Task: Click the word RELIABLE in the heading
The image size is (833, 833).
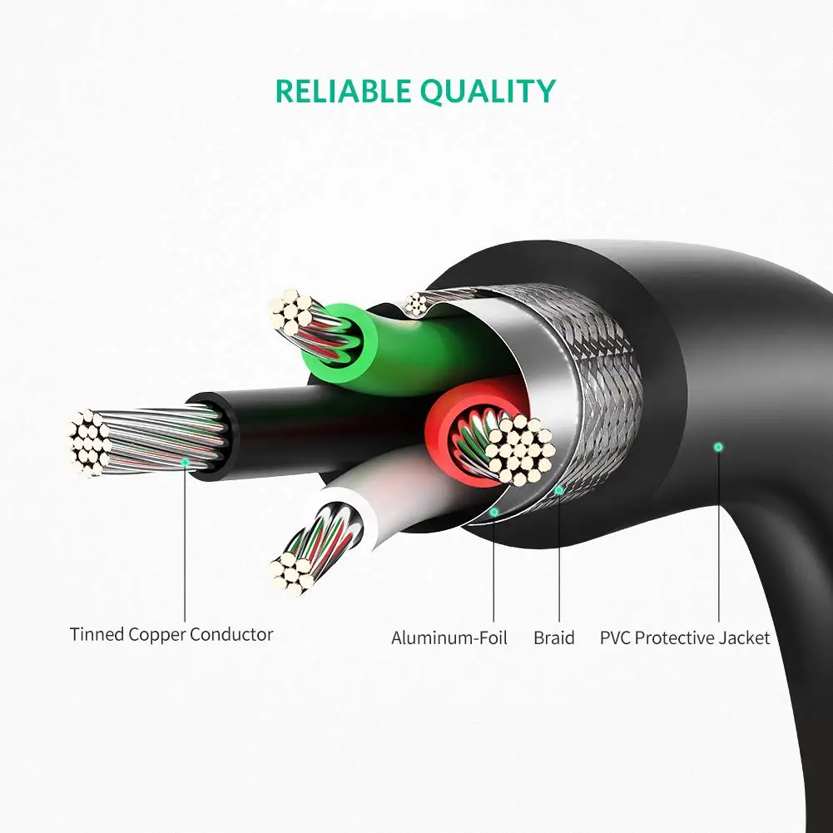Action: coord(343,91)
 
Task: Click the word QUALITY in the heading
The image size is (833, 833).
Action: coord(488,92)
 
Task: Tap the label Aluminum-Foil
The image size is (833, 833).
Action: coord(449,637)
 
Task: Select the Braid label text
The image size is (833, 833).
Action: coord(554,637)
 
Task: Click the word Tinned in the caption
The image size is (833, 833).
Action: coord(97,634)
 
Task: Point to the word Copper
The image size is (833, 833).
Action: coord(157,636)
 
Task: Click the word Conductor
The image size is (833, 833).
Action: coord(231,634)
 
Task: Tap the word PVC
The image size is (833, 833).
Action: coord(615,637)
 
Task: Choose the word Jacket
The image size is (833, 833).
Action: coord(744,637)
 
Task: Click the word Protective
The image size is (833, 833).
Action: coord(674,637)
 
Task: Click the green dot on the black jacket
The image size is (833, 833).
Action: coord(718,448)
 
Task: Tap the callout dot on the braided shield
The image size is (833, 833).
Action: coord(559,490)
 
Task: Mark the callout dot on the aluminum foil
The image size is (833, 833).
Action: coord(494,512)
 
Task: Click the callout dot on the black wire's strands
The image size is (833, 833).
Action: coord(185,464)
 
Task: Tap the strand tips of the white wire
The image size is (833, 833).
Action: coord(291,573)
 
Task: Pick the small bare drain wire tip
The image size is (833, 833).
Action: coord(416,305)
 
